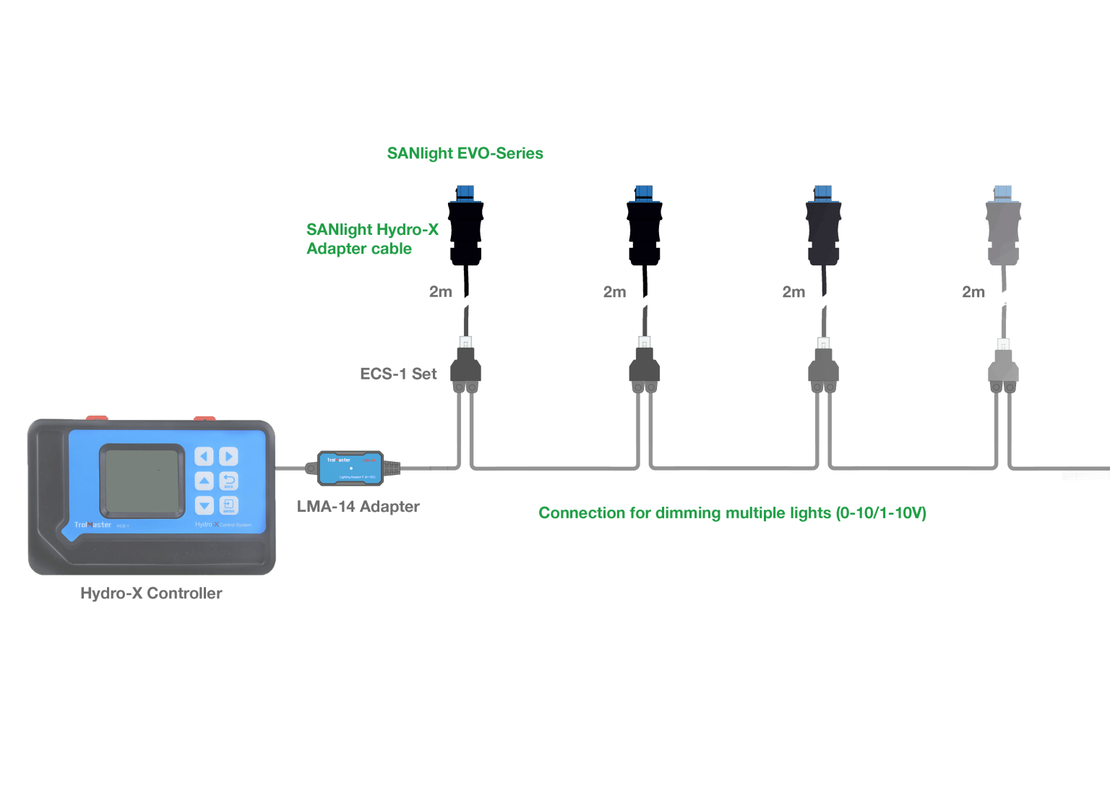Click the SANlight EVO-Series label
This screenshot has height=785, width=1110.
[x=465, y=153]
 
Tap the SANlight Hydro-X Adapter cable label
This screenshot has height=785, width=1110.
[x=371, y=239]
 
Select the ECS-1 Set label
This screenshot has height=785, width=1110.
[x=398, y=374]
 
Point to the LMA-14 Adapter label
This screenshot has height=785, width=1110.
[x=358, y=507]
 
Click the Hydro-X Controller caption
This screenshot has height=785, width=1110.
[x=151, y=593]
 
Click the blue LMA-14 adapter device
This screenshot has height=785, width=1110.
[x=351, y=468]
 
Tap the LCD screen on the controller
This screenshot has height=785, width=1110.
[x=142, y=480]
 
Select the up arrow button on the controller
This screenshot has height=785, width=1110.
[x=205, y=481]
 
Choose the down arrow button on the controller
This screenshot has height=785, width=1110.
[x=205, y=505]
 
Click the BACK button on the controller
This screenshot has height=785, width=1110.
[x=228, y=481]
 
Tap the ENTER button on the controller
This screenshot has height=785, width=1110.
[x=228, y=505]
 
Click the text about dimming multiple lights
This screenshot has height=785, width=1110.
[x=732, y=513]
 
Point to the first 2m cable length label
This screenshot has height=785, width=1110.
[x=440, y=292]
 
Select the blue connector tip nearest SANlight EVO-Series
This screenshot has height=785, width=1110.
[x=465, y=192]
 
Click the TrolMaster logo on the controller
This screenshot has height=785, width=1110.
[x=92, y=525]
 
